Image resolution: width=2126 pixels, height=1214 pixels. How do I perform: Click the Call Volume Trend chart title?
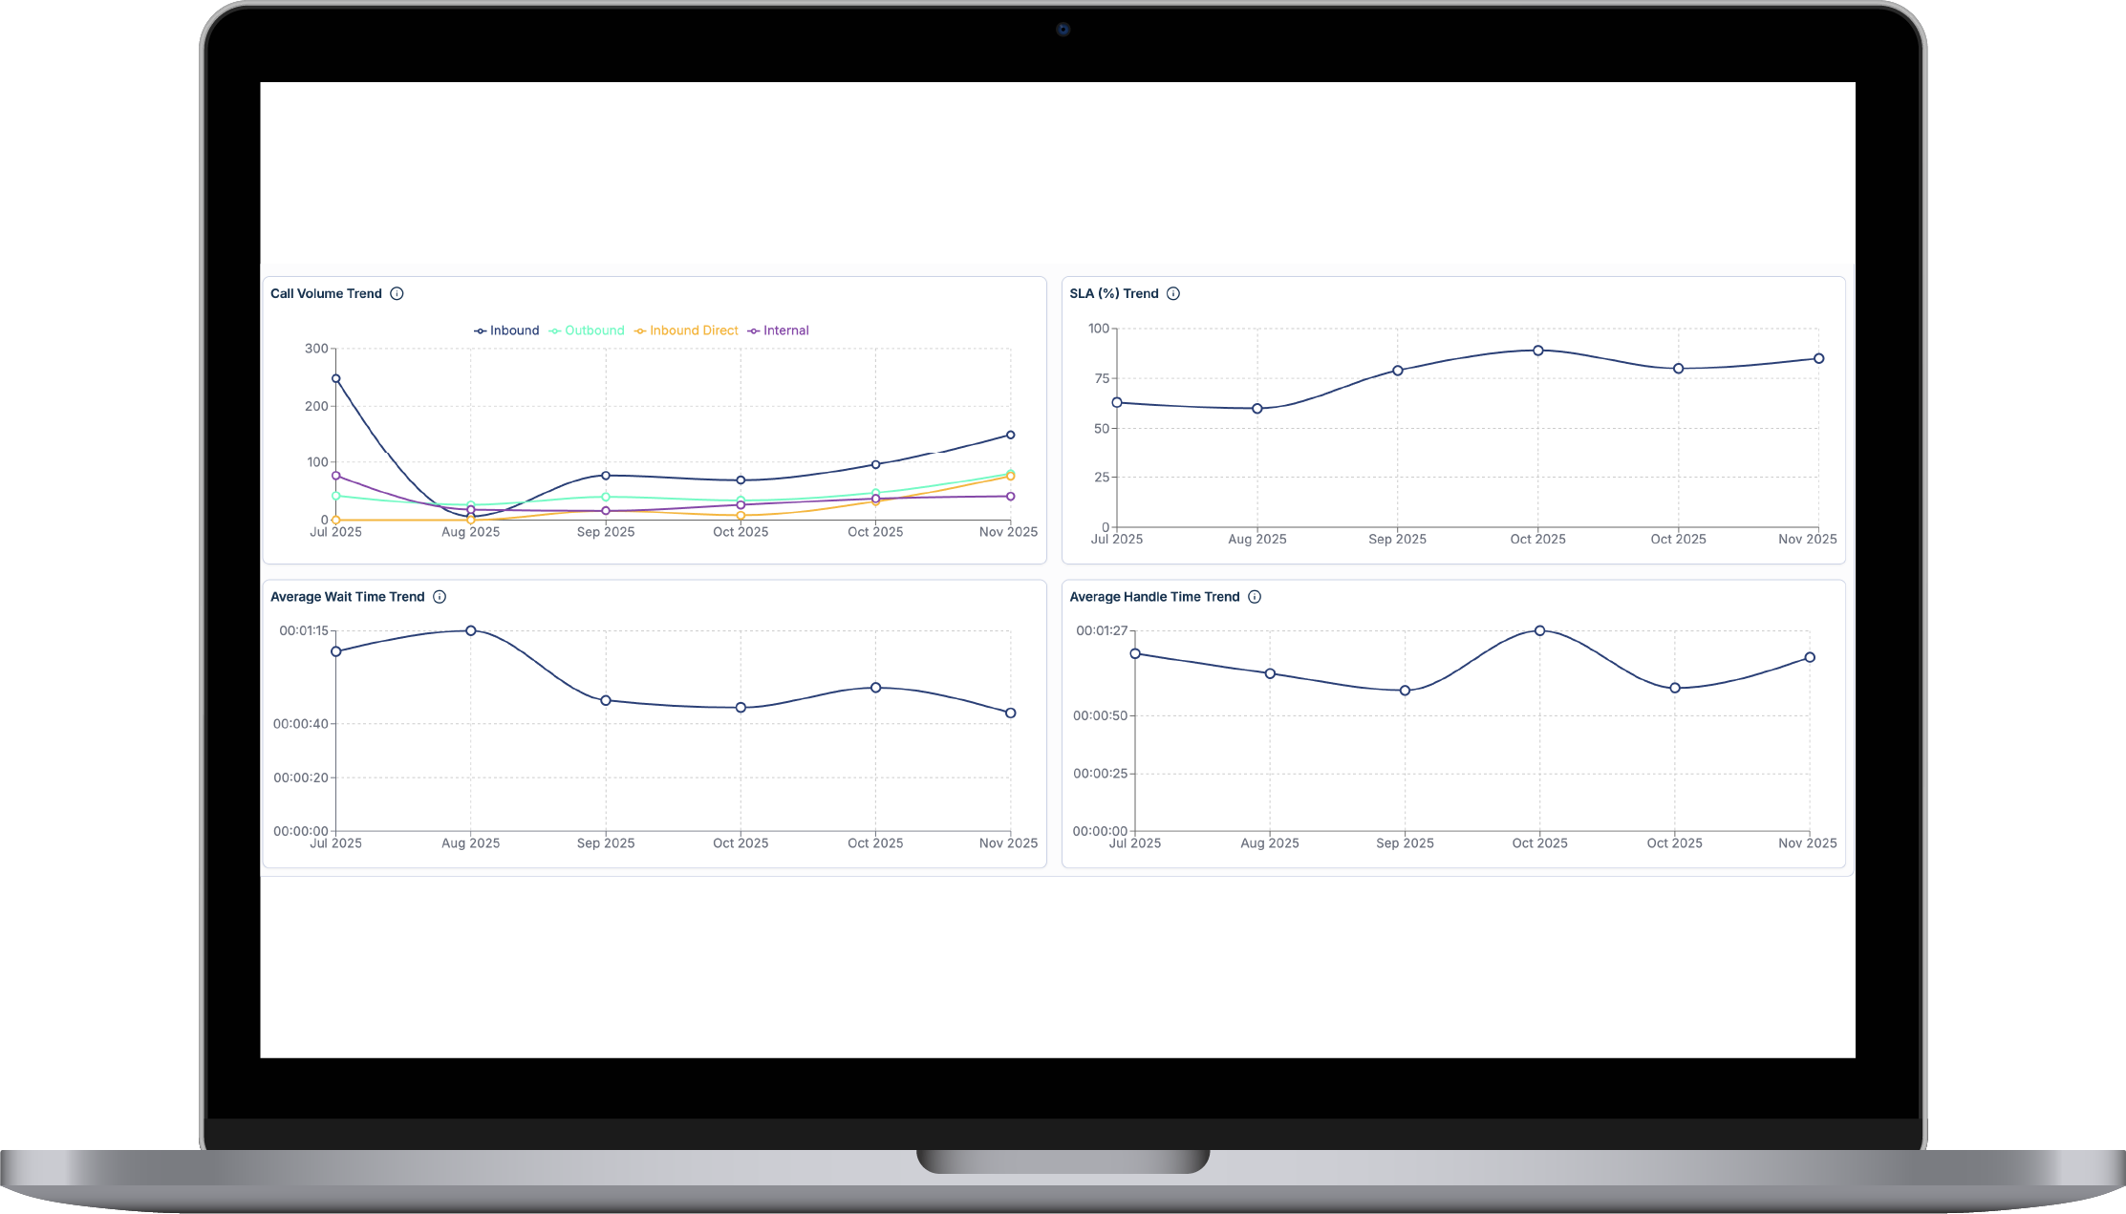tap(326, 294)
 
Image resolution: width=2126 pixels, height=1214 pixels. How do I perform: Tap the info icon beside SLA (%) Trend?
tap(1173, 294)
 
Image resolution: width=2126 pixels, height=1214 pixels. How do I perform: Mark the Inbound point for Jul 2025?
tap(336, 379)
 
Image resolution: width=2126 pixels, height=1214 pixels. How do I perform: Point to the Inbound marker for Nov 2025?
tap(1010, 436)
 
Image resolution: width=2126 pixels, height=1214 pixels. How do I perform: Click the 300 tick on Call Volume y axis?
tap(316, 349)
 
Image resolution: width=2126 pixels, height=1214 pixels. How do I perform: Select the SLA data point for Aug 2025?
tap(1257, 409)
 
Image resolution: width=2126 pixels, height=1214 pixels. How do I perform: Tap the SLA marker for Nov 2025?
tap(1819, 359)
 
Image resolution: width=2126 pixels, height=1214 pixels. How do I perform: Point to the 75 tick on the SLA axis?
tap(1103, 379)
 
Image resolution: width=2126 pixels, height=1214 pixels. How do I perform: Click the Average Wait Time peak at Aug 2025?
tap(471, 631)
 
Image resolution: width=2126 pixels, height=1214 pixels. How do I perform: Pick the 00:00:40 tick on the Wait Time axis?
tap(301, 724)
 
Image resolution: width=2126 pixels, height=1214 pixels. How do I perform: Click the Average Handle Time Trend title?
tap(1154, 597)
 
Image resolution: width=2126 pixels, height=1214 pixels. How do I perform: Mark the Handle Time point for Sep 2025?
tap(1405, 691)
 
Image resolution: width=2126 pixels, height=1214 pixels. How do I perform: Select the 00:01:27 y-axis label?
tap(1102, 631)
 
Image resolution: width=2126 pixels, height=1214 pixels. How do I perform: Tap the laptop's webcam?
tap(1063, 30)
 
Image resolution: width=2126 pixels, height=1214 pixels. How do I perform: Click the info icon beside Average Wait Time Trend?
tap(440, 597)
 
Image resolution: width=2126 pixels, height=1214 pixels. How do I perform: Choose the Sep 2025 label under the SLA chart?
tap(1397, 540)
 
